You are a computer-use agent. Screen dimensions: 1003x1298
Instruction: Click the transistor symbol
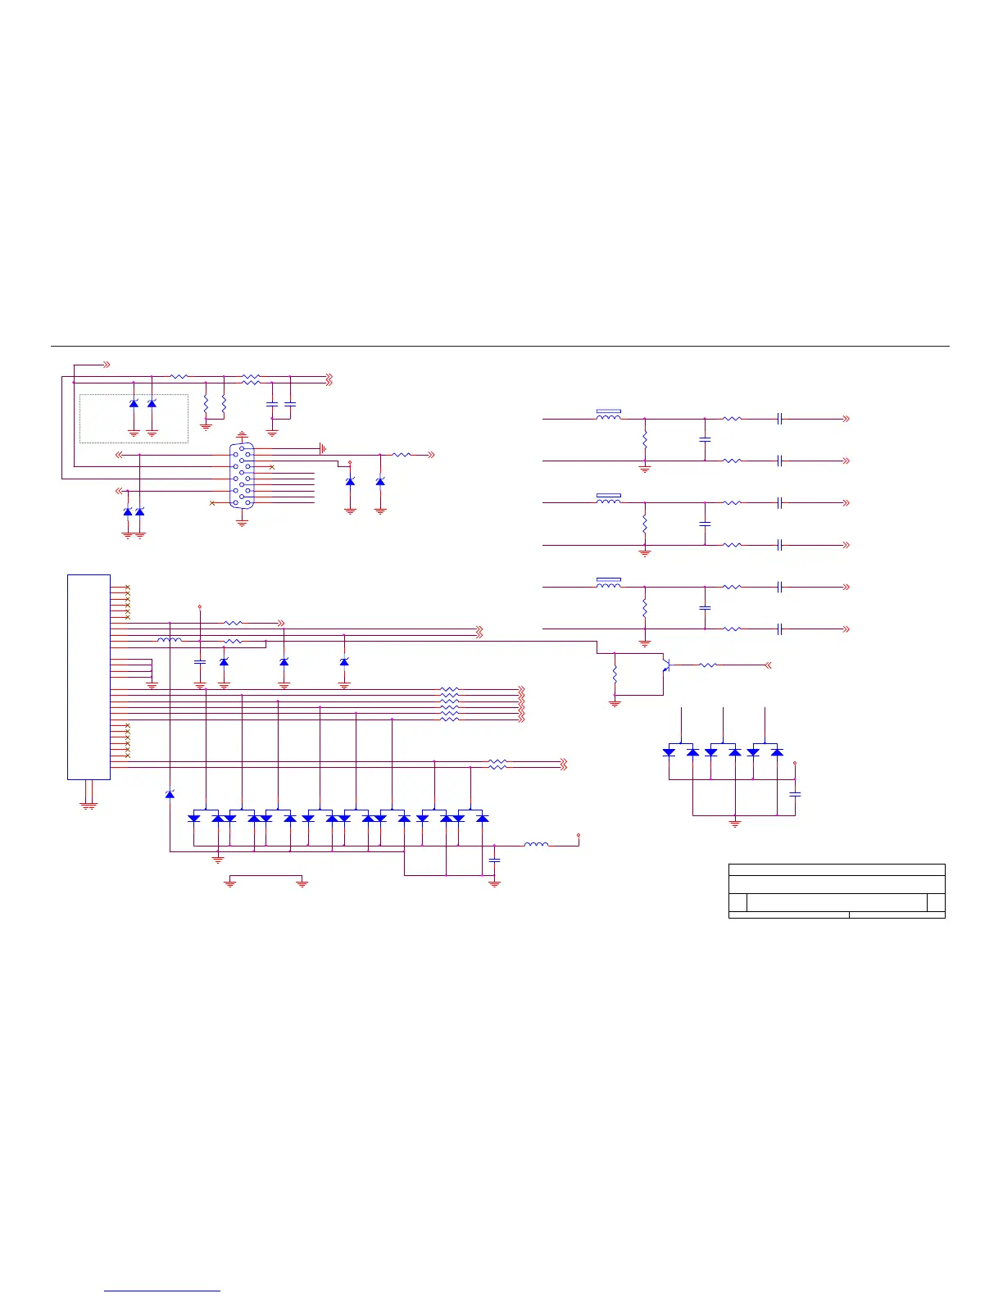coord(667,665)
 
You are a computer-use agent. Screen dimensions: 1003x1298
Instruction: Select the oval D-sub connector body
coord(243,475)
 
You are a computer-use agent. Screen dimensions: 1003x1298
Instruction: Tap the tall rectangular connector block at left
coord(88,677)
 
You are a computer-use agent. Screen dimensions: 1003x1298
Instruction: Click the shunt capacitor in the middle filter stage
coord(705,523)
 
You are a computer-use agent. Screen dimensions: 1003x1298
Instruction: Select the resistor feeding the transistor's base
coord(707,665)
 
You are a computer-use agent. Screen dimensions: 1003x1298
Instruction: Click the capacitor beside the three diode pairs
coord(795,794)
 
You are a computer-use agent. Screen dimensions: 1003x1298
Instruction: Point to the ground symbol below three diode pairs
coord(735,823)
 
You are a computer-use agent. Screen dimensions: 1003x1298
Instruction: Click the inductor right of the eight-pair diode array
coord(536,844)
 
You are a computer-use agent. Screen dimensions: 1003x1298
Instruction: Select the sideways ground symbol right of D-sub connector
coord(323,448)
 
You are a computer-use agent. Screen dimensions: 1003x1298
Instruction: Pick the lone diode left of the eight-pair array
coord(170,794)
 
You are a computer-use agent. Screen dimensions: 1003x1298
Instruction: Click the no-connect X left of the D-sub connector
coord(212,502)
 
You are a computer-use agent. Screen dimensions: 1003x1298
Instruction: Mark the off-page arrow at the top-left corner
coord(106,364)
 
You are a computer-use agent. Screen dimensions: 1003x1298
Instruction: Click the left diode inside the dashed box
coord(134,404)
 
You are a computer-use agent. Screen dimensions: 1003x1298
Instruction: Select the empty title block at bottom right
coord(837,891)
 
